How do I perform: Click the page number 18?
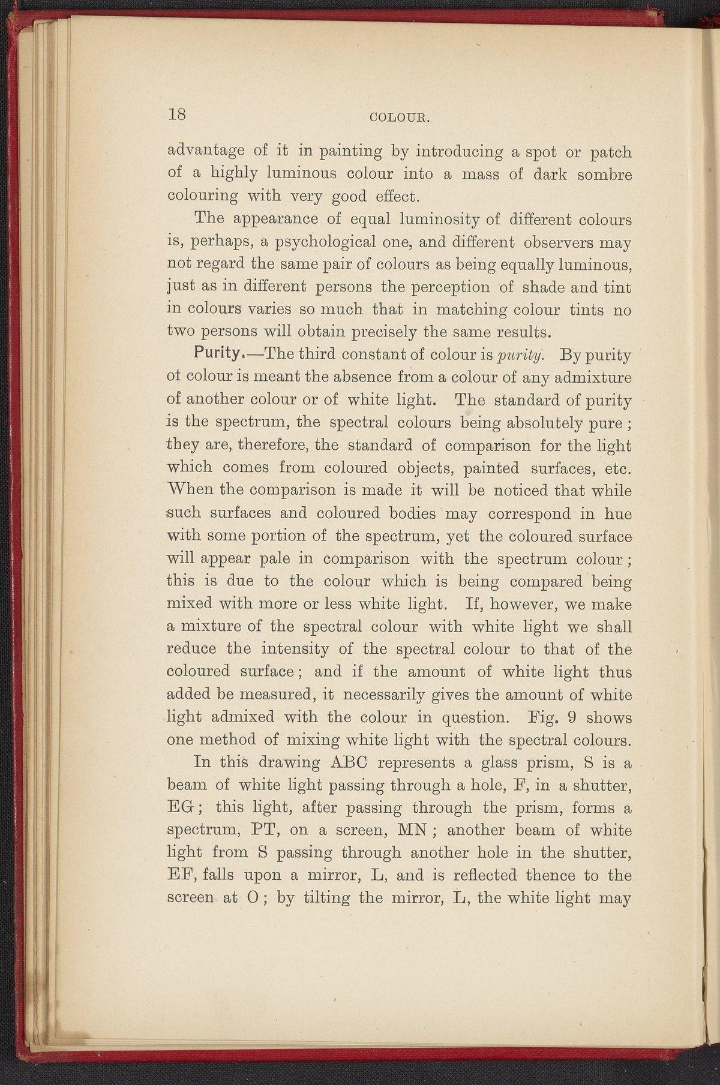[178, 115]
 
